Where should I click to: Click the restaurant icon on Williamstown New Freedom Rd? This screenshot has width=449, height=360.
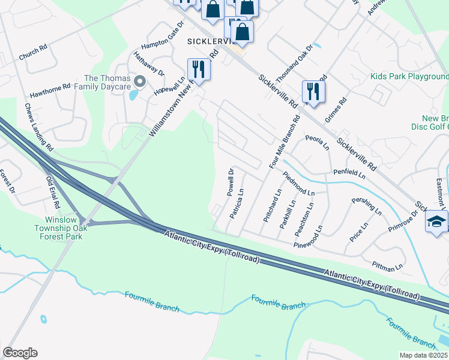click(198, 70)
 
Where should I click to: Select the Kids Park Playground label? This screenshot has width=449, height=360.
click(409, 77)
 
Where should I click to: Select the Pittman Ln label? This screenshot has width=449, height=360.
click(387, 265)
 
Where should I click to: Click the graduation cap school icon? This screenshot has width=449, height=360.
click(436, 221)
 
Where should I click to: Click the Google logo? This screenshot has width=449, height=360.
click(20, 352)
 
